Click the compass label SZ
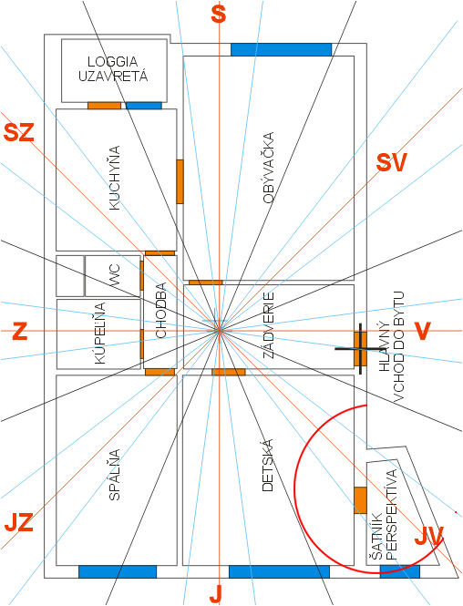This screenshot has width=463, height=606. coord(19,132)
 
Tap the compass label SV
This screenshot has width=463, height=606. coord(392,163)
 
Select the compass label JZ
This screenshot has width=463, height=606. coord(18,522)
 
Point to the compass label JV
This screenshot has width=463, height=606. coord(428,536)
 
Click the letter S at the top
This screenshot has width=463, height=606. coord(219,15)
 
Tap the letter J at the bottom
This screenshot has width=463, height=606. coord(216,594)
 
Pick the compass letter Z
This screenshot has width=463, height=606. coord(20,331)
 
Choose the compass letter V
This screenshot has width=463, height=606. coord(422,331)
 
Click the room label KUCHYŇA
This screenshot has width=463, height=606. coord(115,178)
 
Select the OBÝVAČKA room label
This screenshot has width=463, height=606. coord(268,168)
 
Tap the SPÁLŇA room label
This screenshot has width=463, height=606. coord(114,475)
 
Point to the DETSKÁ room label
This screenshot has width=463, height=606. coord(267,465)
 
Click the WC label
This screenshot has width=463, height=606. coord(115,275)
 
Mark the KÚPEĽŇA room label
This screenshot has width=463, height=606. coord(100,334)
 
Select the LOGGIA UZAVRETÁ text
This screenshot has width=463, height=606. coord(113,68)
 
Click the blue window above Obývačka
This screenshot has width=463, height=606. coord(281,49)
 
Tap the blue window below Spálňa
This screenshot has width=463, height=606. coord(118,571)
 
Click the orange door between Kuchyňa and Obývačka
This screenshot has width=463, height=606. coord(180,181)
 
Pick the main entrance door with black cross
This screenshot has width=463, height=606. coord(360,349)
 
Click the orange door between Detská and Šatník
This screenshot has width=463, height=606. coord(360,500)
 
